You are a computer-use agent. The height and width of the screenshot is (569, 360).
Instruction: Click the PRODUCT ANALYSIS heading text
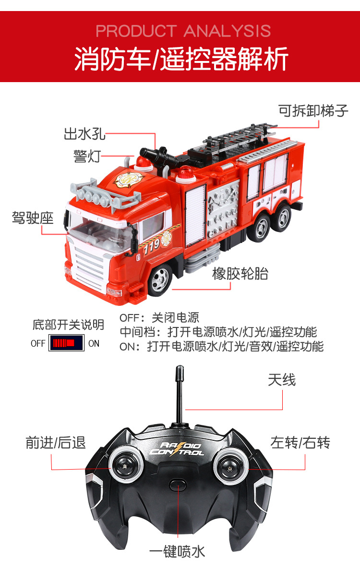183,31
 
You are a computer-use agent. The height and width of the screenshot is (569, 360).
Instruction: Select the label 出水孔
84,134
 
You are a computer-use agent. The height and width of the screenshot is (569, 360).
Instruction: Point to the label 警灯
86,156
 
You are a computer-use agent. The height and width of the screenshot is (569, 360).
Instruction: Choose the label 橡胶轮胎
240,274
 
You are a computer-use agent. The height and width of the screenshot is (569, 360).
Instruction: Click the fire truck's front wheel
160,280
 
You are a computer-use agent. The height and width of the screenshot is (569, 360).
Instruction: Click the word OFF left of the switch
38,343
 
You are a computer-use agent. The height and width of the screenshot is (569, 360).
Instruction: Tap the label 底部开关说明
68,325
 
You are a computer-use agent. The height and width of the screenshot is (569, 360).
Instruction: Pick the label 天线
282,380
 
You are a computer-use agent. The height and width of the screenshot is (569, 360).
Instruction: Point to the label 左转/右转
300,442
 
